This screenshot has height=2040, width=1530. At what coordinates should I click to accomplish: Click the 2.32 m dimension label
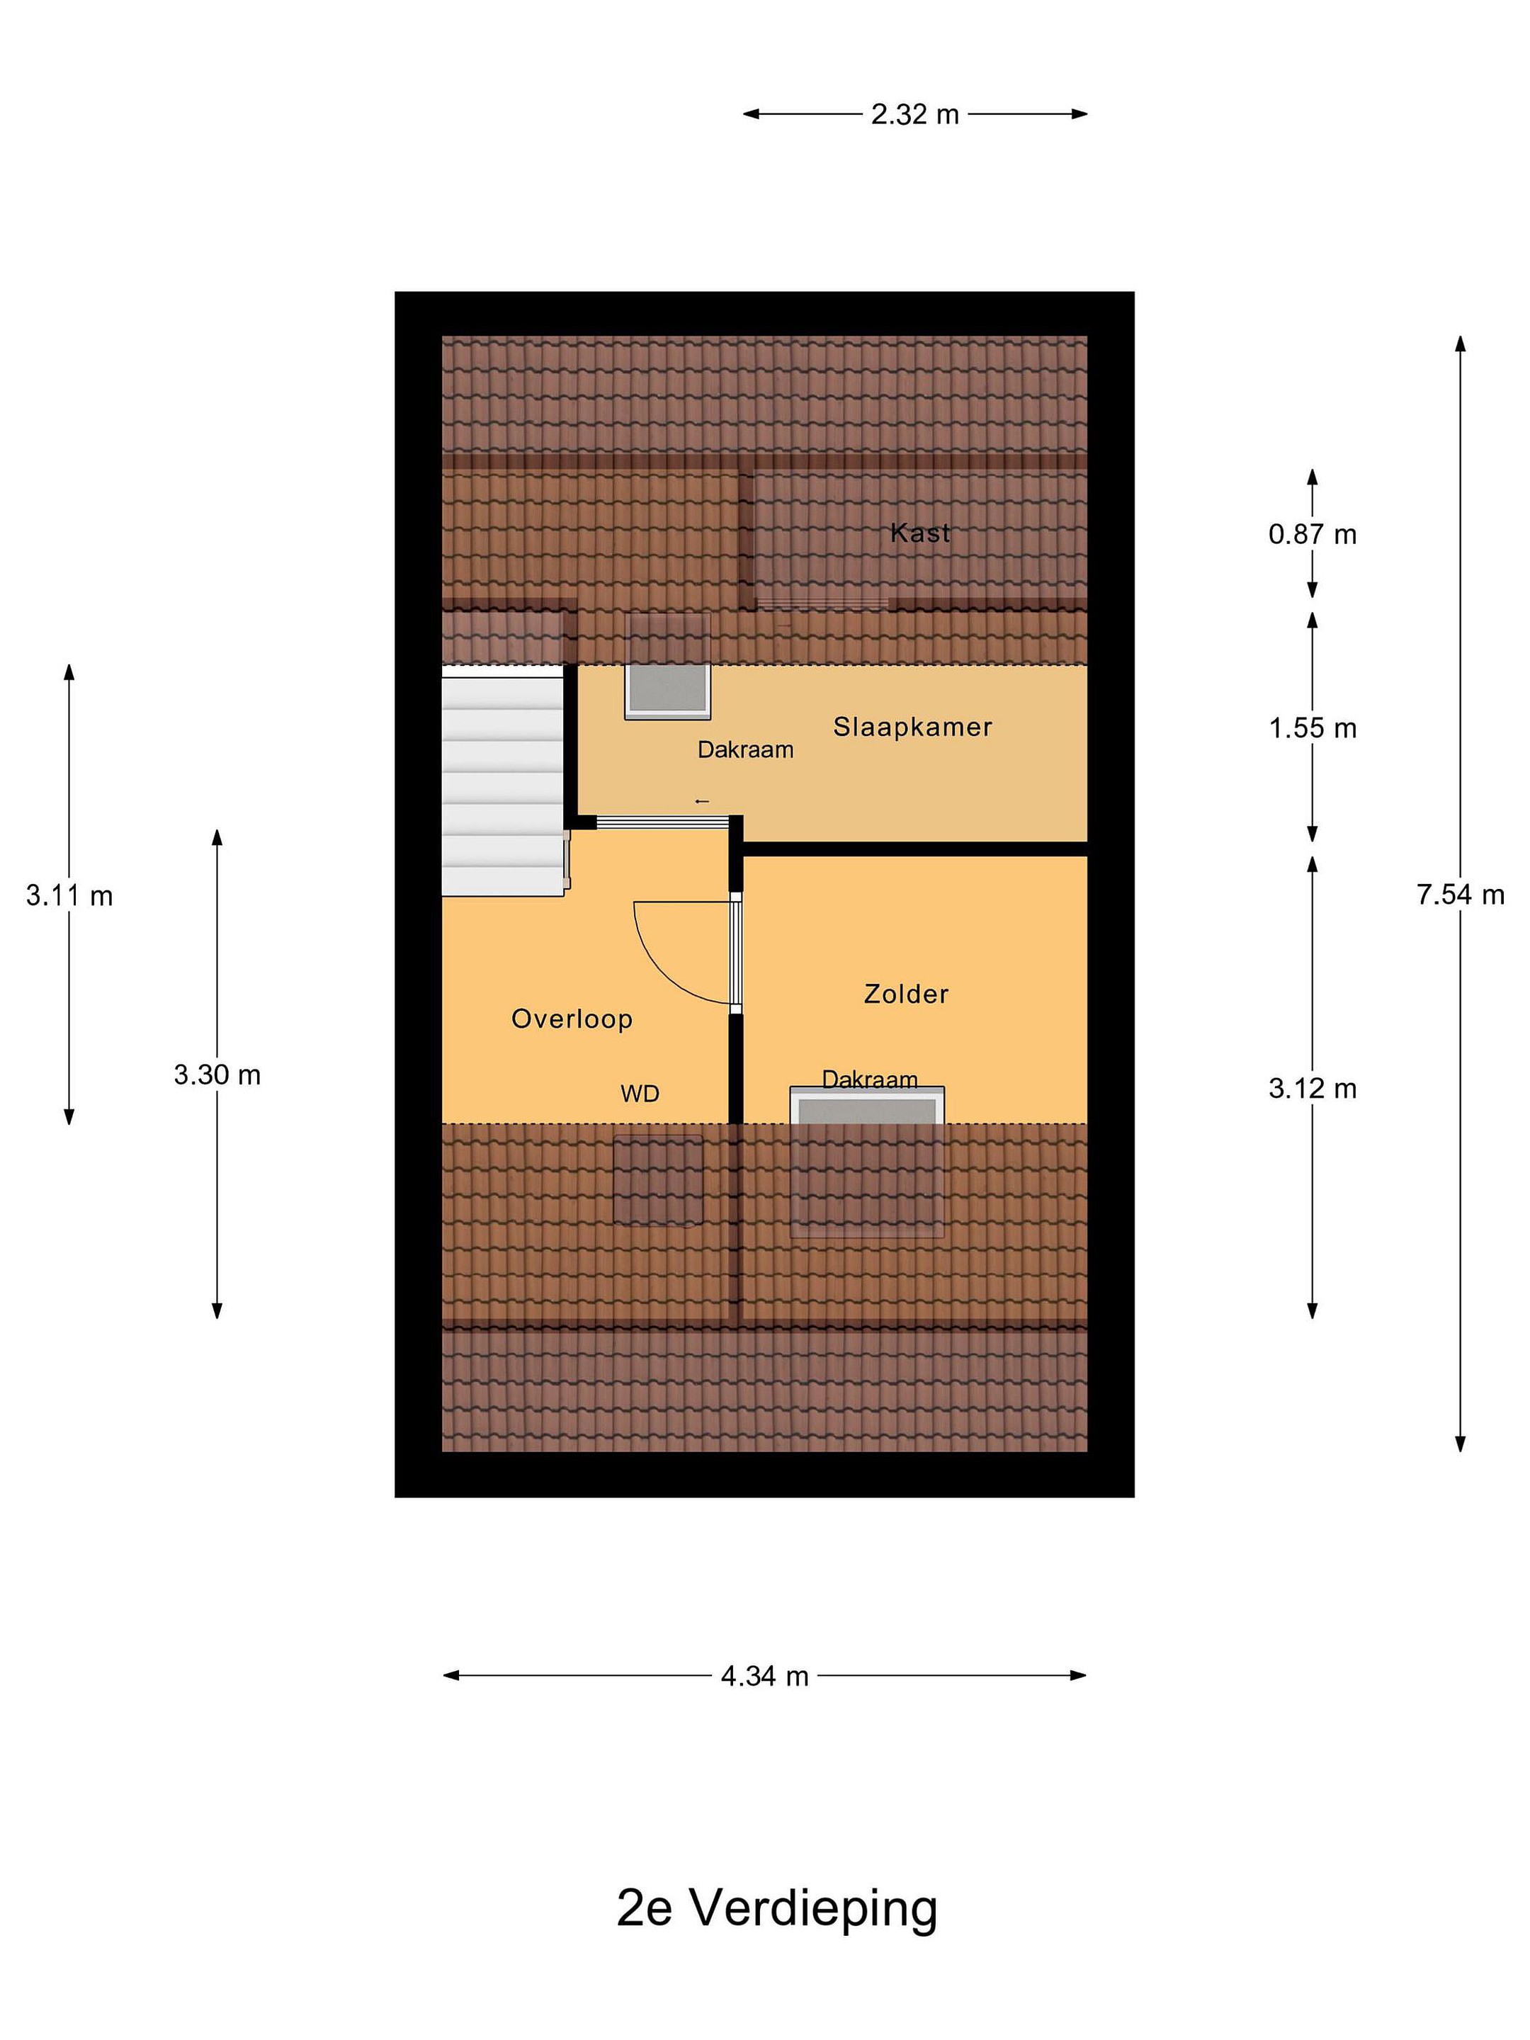[x=915, y=114]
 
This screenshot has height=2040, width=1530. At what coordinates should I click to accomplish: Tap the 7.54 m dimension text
[x=1461, y=894]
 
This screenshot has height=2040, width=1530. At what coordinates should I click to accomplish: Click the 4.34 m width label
[x=764, y=1676]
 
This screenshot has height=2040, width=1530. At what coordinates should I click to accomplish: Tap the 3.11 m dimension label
[x=69, y=895]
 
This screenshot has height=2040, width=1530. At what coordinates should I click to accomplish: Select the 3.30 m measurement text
[x=217, y=1075]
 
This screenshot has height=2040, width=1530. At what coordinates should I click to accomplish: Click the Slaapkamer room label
[x=913, y=727]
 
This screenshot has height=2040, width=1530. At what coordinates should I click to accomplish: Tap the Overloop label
[x=572, y=1019]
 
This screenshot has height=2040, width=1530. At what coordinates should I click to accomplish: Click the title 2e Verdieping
[x=776, y=1909]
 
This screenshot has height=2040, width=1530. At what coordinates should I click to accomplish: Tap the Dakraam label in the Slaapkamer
[x=745, y=750]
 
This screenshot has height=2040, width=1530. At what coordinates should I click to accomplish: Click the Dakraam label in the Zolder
[x=870, y=1079]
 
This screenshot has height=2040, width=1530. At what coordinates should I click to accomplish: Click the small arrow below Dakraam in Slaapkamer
[x=702, y=801]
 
